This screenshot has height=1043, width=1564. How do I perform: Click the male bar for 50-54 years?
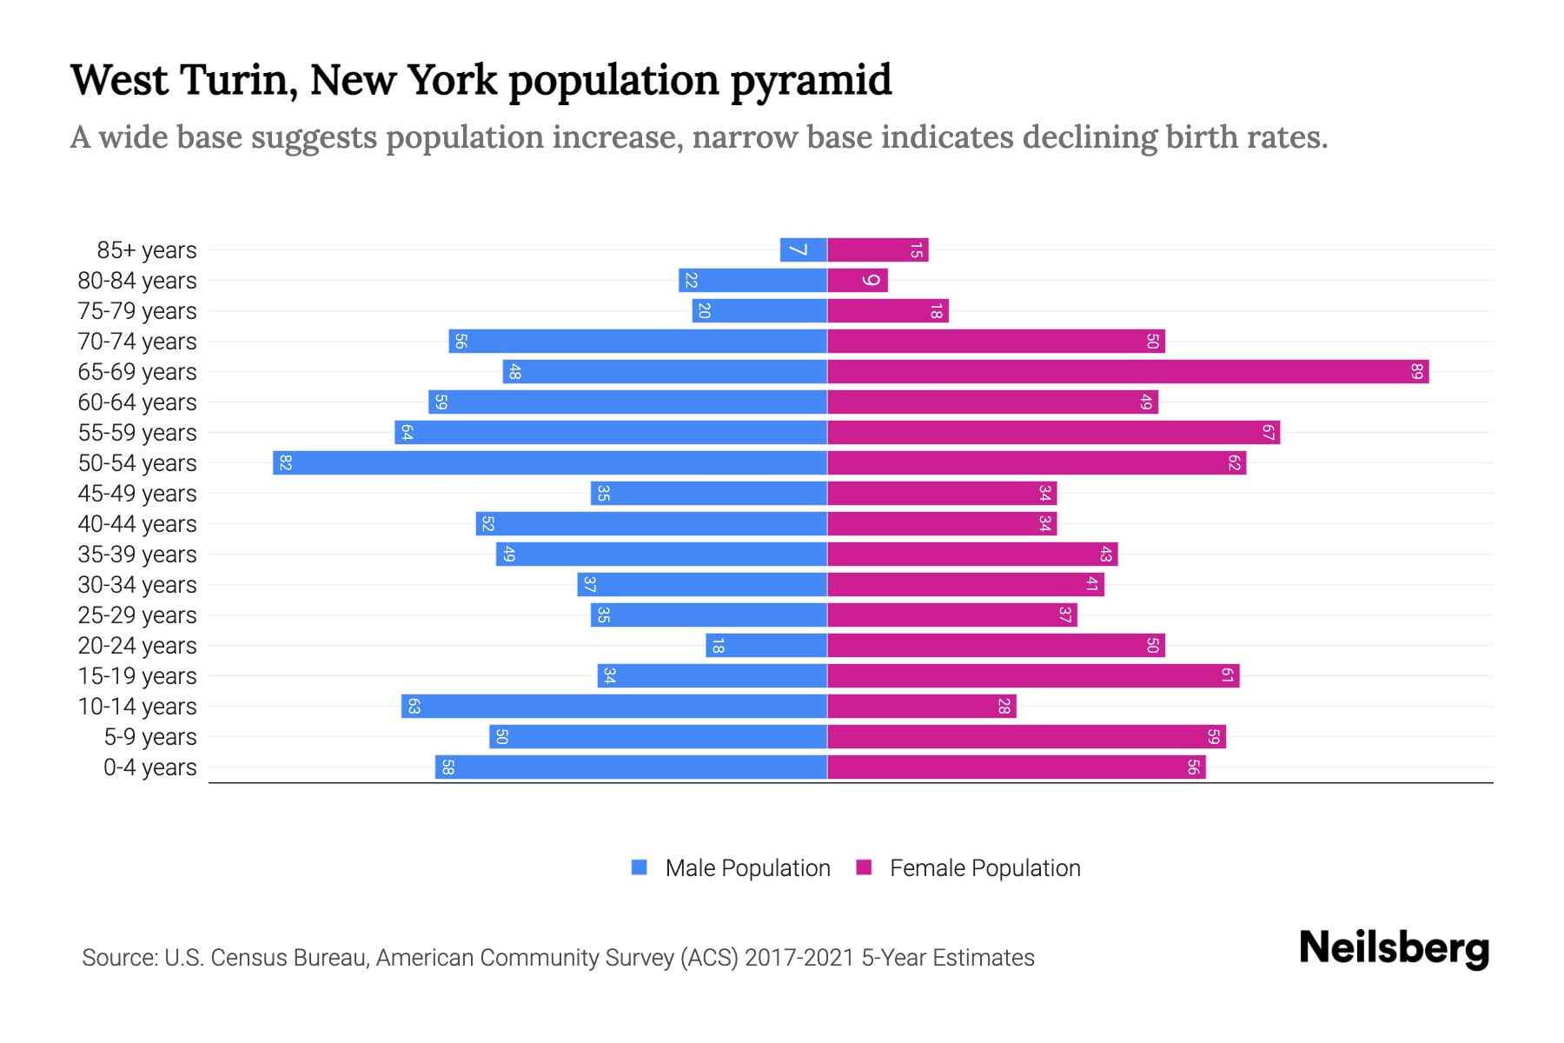(549, 462)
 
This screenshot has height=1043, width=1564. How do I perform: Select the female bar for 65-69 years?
(1128, 371)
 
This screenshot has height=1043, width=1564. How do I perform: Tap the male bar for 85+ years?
(804, 249)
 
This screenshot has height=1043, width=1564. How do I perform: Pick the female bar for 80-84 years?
(857, 280)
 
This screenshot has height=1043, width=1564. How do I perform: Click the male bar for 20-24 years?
(765, 645)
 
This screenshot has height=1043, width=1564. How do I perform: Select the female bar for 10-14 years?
(921, 706)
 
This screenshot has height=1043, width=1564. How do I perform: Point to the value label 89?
(1417, 372)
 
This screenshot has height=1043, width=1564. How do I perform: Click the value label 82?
(285, 462)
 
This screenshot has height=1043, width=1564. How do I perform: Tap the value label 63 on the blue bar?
(414, 706)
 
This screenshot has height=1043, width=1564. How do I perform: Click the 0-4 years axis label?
(149, 767)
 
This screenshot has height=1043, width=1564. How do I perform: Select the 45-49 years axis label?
(137, 494)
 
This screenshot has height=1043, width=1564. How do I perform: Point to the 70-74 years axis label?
(137, 342)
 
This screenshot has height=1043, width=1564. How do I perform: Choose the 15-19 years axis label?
(137, 676)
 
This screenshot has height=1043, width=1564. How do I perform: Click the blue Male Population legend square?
(640, 867)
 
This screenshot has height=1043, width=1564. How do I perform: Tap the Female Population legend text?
(984, 867)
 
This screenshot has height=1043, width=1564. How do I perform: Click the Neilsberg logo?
(1394, 948)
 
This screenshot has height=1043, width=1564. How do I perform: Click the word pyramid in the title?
(811, 81)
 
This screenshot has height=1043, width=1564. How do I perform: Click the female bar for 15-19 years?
(1033, 675)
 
